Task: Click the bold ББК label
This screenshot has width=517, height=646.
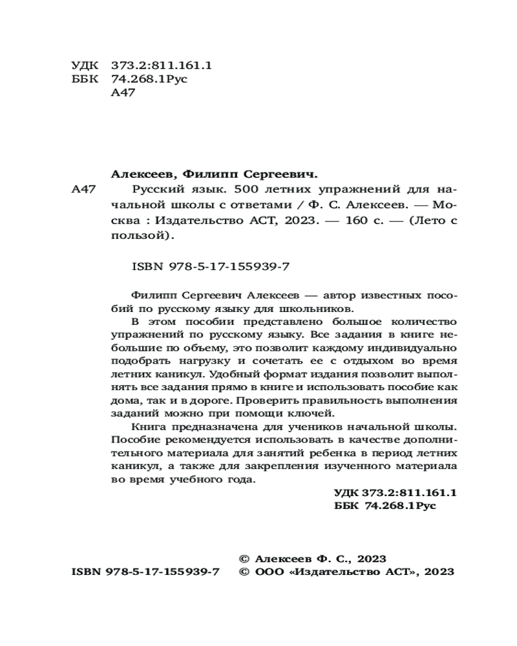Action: [x=347, y=506]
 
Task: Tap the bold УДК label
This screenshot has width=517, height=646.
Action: [x=348, y=492]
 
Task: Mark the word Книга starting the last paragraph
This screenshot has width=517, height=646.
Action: [x=146, y=427]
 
